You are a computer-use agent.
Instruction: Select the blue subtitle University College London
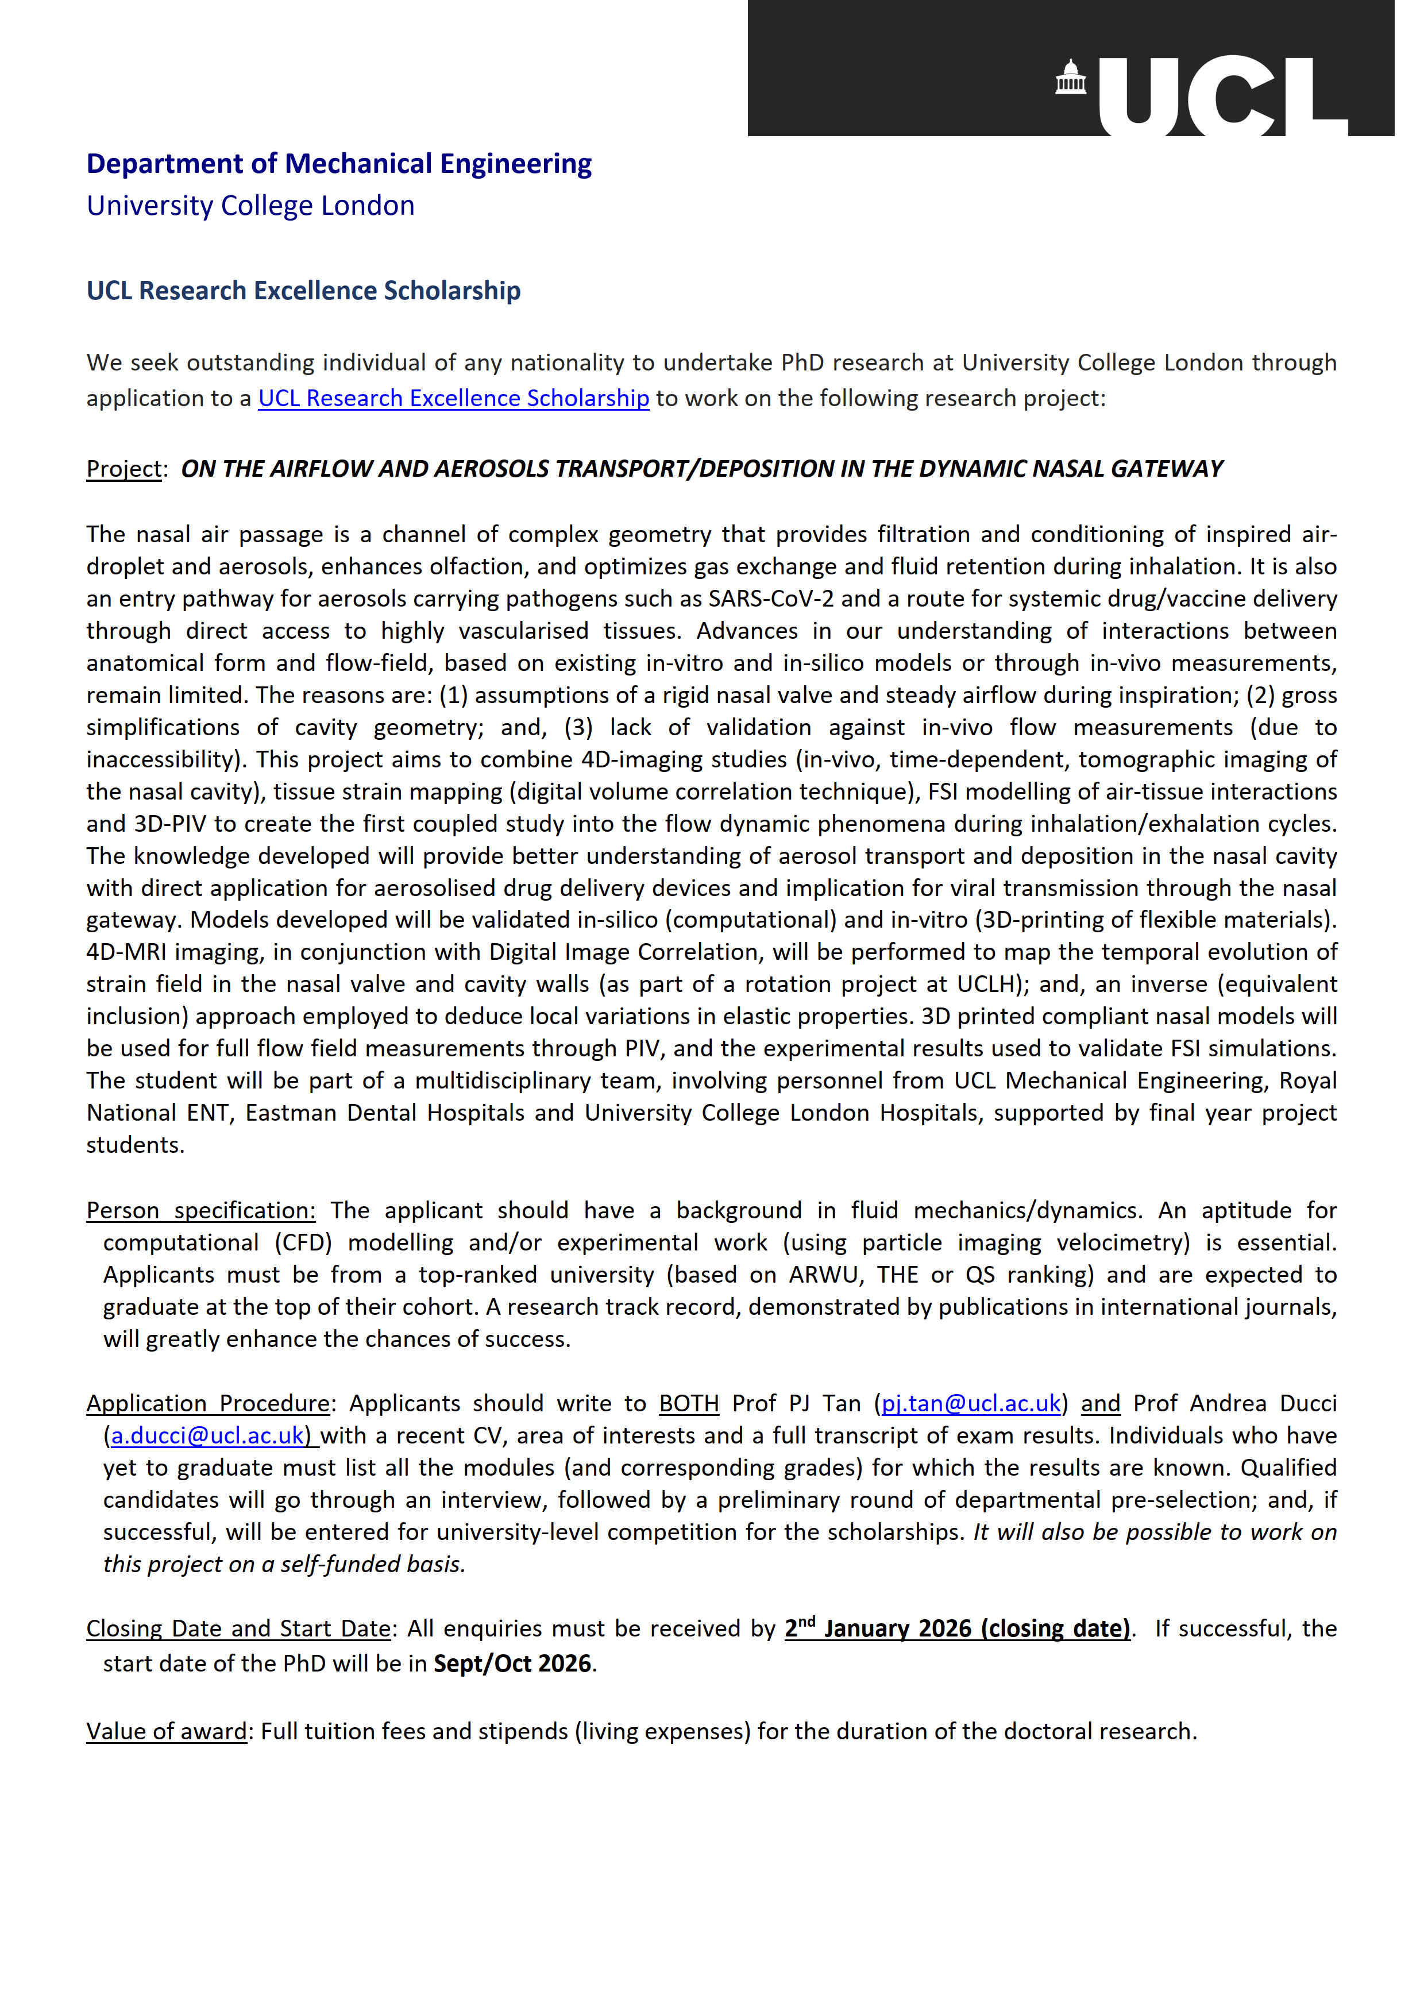(250, 206)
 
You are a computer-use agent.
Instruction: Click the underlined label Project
(124, 469)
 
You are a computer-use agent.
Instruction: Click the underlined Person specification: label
(200, 1210)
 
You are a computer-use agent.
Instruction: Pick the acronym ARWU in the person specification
(824, 1274)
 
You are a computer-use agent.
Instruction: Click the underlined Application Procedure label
(207, 1403)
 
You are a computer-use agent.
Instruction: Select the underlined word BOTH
(689, 1403)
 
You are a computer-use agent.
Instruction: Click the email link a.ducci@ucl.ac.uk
(207, 1436)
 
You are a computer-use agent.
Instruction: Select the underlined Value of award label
(166, 1731)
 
